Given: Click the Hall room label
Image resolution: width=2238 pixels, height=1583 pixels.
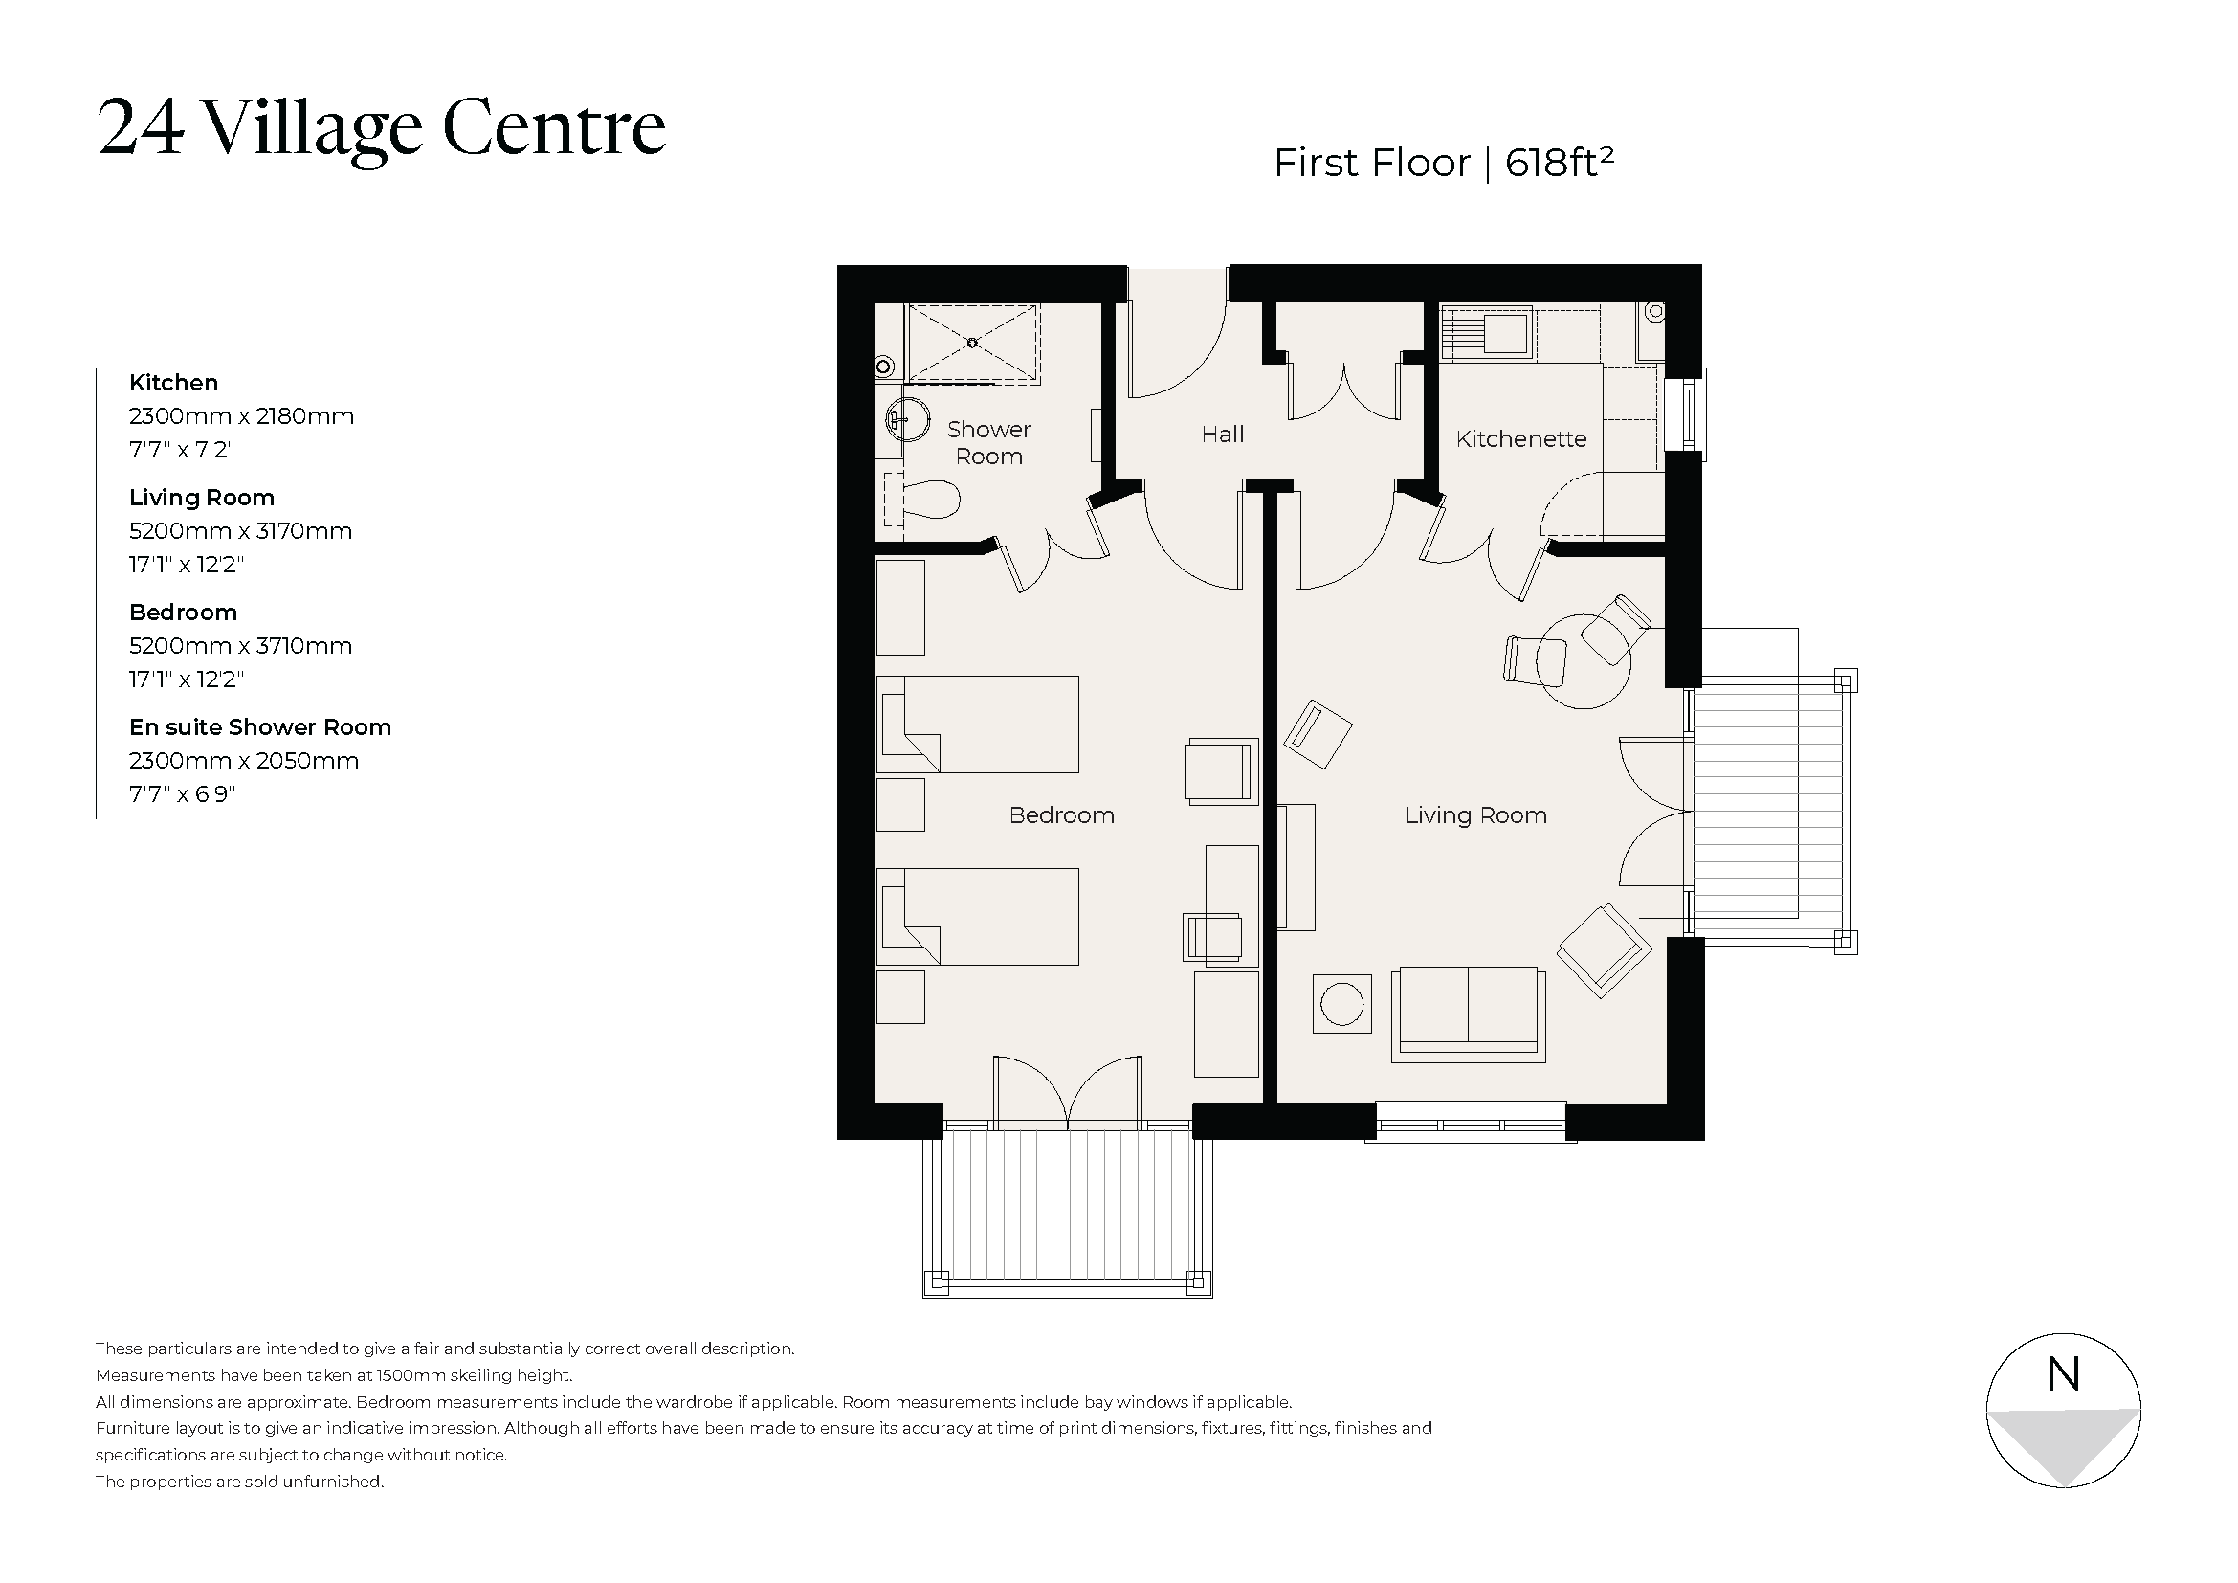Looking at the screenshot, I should pyautogui.click(x=1222, y=435).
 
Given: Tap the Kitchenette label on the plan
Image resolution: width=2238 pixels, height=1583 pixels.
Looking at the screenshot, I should pyautogui.click(x=1520, y=439).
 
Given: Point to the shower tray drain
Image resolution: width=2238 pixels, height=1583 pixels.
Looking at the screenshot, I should pyautogui.click(x=972, y=342).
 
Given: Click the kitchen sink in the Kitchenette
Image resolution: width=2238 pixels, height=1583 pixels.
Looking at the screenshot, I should pyautogui.click(x=1505, y=330).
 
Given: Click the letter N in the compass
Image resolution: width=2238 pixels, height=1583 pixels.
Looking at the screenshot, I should pyautogui.click(x=2064, y=1373).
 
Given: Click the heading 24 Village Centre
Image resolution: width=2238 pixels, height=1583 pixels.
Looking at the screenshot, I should pyautogui.click(x=381, y=127).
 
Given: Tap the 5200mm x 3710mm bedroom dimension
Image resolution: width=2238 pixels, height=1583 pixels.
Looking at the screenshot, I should pyautogui.click(x=240, y=646).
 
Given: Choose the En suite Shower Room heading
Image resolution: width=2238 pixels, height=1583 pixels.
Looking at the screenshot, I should pyautogui.click(x=259, y=727).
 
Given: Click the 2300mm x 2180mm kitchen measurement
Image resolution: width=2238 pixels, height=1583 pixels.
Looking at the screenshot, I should pyautogui.click(x=241, y=416).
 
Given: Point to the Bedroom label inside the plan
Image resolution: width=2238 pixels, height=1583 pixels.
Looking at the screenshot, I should pyautogui.click(x=1060, y=815).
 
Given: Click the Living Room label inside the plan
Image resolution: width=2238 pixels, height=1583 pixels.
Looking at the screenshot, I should pyautogui.click(x=1474, y=815).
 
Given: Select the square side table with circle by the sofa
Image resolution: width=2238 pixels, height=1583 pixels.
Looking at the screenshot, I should pyautogui.click(x=1341, y=1004).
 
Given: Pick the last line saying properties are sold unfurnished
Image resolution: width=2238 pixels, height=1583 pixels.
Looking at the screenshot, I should pyautogui.click(x=240, y=1482).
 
